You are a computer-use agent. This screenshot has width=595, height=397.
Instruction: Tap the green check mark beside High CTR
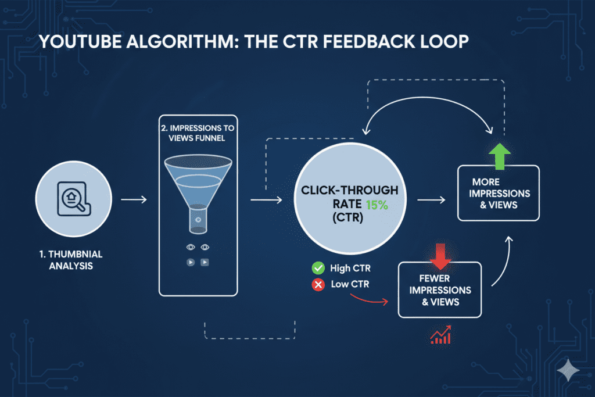pos(318,269)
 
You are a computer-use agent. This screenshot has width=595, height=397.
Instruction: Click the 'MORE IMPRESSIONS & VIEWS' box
pos(498,193)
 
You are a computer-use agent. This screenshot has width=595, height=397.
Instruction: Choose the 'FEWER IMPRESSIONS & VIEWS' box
pos(439,289)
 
